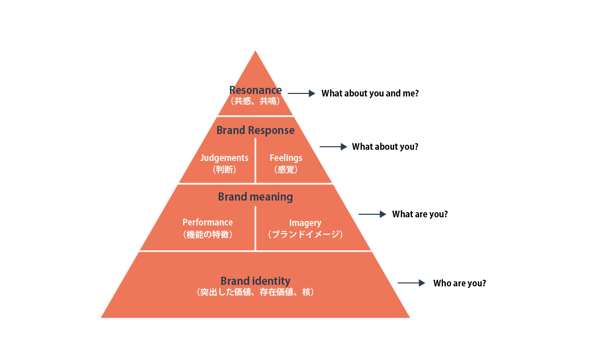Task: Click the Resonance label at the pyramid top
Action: tap(255, 90)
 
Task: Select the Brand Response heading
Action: tap(255, 130)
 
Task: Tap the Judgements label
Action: tap(224, 158)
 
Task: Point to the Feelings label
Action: tap(286, 158)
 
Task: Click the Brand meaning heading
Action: tap(255, 197)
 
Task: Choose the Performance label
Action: tap(208, 222)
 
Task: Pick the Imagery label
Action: tap(305, 223)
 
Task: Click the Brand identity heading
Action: tap(255, 281)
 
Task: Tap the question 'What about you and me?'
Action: tap(370, 93)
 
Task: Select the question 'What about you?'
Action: tap(385, 147)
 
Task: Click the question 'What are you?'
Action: tap(420, 214)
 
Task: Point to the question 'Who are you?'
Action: tap(459, 283)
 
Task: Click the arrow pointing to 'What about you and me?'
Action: tap(301, 93)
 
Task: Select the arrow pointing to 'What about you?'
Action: tap(333, 147)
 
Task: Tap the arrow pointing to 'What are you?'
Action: tap(373, 214)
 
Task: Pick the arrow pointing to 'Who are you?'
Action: tap(412, 283)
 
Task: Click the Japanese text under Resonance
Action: tap(255, 101)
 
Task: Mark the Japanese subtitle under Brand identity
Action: tap(255, 292)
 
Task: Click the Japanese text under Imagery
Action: tap(305, 235)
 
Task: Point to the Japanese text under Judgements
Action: tap(224, 170)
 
